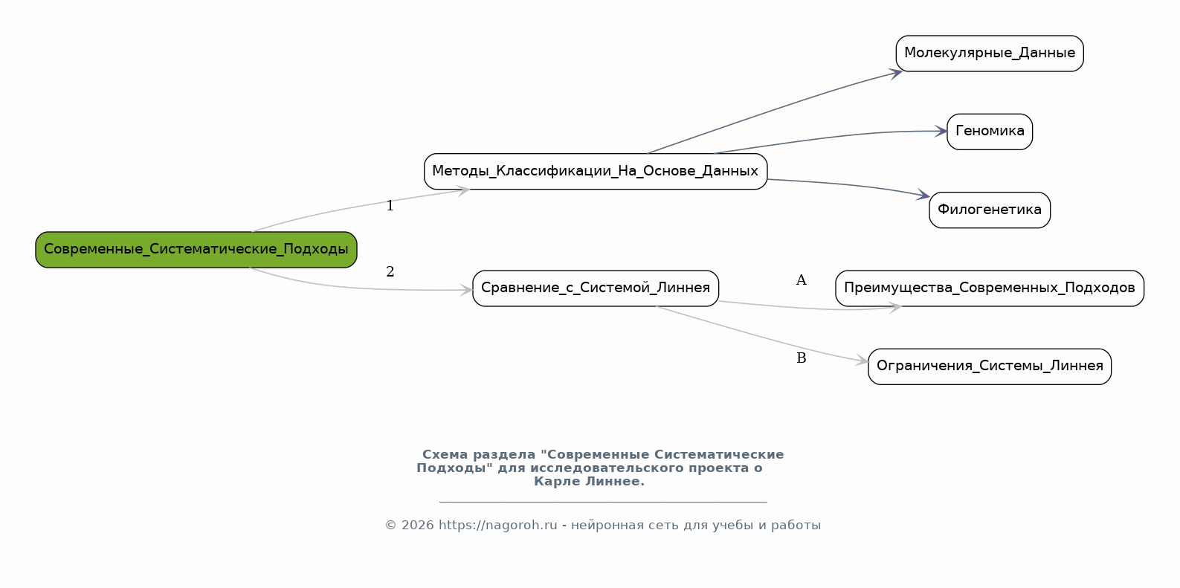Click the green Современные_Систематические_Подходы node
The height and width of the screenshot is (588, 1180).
point(196,249)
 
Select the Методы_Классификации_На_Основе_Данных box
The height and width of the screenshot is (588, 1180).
point(596,171)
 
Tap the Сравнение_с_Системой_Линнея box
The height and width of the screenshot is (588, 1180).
point(596,288)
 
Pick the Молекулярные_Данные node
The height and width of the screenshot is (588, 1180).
point(990,54)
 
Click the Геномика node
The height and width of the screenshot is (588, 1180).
point(990,132)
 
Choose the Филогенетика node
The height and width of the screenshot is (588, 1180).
point(990,210)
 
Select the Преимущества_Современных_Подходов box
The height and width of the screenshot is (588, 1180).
point(990,288)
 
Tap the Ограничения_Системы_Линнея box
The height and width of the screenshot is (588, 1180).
point(990,366)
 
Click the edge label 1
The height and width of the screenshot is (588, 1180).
point(390,205)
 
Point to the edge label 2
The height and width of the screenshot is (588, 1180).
point(390,271)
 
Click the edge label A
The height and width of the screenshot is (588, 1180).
point(801,280)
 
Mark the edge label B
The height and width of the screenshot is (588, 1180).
point(802,358)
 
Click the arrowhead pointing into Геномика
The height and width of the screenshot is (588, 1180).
point(941,131)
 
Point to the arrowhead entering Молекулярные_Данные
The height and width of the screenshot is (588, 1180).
point(896,74)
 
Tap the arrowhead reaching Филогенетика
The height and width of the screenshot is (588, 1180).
point(923,195)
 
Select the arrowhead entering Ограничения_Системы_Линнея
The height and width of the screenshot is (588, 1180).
point(862,361)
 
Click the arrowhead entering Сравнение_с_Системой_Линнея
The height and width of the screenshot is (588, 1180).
point(466,290)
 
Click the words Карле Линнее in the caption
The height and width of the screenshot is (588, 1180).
point(589,482)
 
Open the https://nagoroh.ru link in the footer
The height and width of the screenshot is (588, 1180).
point(498,526)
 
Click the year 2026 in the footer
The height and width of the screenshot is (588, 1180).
point(418,526)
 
